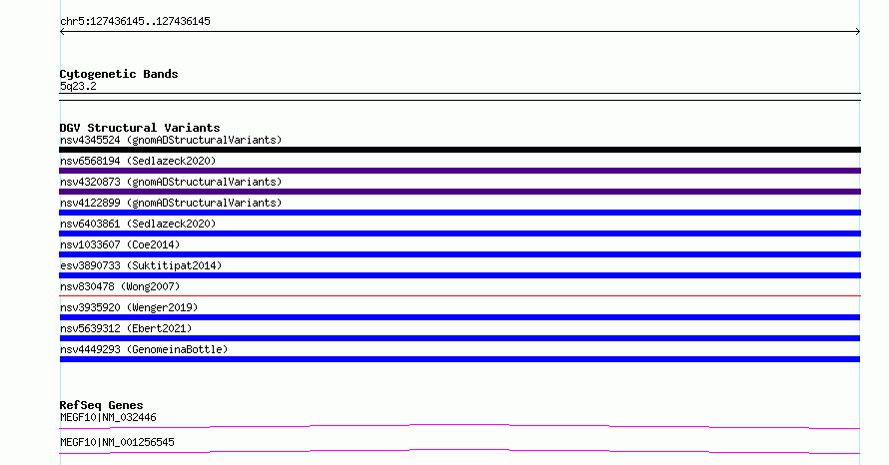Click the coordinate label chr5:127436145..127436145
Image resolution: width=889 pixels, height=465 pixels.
pyautogui.click(x=135, y=22)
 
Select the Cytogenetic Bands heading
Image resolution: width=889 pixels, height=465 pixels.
pyautogui.click(x=119, y=74)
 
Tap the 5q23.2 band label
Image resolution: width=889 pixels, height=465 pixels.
pyautogui.click(x=78, y=86)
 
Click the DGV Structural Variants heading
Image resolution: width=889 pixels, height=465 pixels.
pyautogui.click(x=140, y=128)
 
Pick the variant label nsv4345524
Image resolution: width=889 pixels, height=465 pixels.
pyautogui.click(x=90, y=140)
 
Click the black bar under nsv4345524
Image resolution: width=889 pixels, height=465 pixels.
pyautogui.click(x=459, y=150)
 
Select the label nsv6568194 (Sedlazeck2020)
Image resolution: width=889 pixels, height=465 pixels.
pyautogui.click(x=138, y=161)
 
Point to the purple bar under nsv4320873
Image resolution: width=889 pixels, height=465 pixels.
pyautogui.click(x=459, y=192)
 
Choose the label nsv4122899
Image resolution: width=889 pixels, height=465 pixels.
pyautogui.click(x=90, y=203)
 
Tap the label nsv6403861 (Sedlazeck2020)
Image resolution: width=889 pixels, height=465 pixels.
pyautogui.click(x=138, y=224)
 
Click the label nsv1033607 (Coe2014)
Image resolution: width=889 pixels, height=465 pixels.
pyautogui.click(x=120, y=244)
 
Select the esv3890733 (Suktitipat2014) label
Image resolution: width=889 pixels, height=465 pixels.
pyautogui.click(x=141, y=265)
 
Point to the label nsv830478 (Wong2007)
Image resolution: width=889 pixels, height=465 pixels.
pyautogui.click(x=120, y=286)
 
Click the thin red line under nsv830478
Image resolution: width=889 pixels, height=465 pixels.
pyautogui.click(x=459, y=295)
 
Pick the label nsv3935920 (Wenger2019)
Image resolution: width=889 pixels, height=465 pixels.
pyautogui.click(x=129, y=307)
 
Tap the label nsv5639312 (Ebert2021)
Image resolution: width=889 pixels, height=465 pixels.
pyautogui.click(x=126, y=328)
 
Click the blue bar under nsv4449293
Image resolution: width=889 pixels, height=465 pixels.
pyautogui.click(x=459, y=359)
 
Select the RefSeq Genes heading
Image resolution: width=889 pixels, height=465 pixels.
pyautogui.click(x=101, y=405)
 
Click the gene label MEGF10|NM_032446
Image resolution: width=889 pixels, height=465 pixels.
pyautogui.click(x=108, y=418)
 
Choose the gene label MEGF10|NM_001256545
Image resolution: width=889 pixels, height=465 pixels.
pyautogui.click(x=117, y=442)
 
